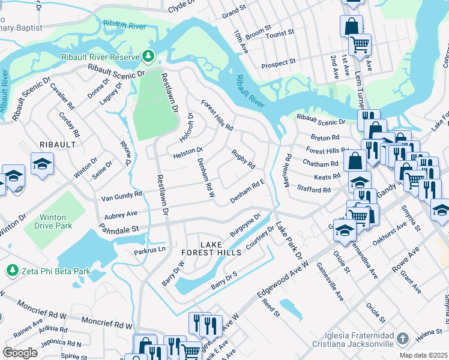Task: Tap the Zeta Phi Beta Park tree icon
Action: tap(11, 271)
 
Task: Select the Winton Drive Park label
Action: tap(47, 221)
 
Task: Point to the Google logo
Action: tap(20, 353)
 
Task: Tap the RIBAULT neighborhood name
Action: tap(58, 145)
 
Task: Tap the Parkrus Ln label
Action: tap(149, 251)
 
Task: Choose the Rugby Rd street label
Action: tap(244, 158)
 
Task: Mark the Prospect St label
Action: tap(279, 62)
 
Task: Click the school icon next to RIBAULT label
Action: tap(42, 164)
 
